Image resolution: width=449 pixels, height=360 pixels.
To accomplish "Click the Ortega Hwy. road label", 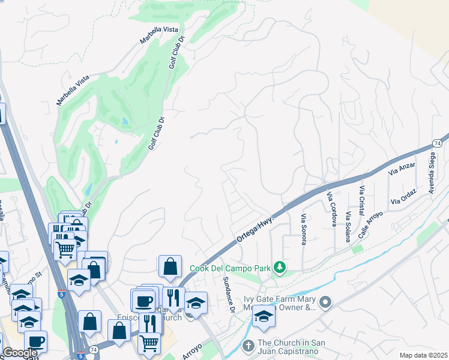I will click(255, 229).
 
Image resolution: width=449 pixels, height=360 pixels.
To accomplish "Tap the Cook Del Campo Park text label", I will click(230, 268).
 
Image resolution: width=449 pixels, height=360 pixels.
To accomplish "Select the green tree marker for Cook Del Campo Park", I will click(279, 267).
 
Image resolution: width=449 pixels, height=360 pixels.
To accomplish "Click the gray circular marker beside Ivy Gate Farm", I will click(325, 302).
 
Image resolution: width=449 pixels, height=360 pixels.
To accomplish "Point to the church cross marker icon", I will click(248, 346).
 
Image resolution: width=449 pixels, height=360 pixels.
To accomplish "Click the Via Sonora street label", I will click(304, 229).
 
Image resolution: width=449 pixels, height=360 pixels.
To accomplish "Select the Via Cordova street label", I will click(331, 209).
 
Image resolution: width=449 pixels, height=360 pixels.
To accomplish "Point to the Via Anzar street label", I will click(402, 170).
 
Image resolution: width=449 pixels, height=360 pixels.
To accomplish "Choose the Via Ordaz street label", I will click(403, 199).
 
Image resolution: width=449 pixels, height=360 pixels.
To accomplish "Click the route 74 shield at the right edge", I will click(436, 144).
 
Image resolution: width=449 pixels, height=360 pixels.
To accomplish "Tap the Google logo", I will click(20, 353).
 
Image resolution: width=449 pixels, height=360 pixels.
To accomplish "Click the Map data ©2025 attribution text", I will click(423, 355).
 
